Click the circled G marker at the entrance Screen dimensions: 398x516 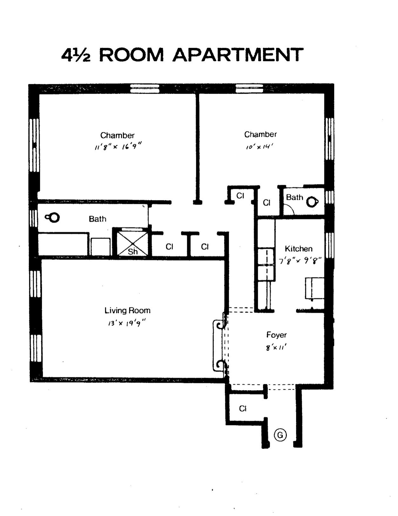point(280,435)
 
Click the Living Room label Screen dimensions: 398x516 point(127,310)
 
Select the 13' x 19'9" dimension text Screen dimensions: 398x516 point(127,323)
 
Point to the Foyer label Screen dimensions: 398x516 point(276,335)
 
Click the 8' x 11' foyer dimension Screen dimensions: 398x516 point(276,347)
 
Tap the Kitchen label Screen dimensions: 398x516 point(298,248)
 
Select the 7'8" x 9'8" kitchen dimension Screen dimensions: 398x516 point(300,261)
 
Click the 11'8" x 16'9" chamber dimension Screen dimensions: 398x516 point(118,147)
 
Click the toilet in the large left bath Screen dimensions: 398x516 point(53,218)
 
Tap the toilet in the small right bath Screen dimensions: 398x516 point(312,202)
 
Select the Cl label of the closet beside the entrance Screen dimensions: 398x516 point(243,408)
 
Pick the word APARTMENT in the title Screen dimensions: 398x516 point(238,55)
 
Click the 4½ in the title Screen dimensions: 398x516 point(76,55)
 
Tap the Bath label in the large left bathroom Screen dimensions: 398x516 point(98,219)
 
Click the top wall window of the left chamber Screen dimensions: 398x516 point(145,89)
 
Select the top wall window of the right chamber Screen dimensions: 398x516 point(249,88)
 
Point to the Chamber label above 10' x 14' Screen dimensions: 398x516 point(260,134)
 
